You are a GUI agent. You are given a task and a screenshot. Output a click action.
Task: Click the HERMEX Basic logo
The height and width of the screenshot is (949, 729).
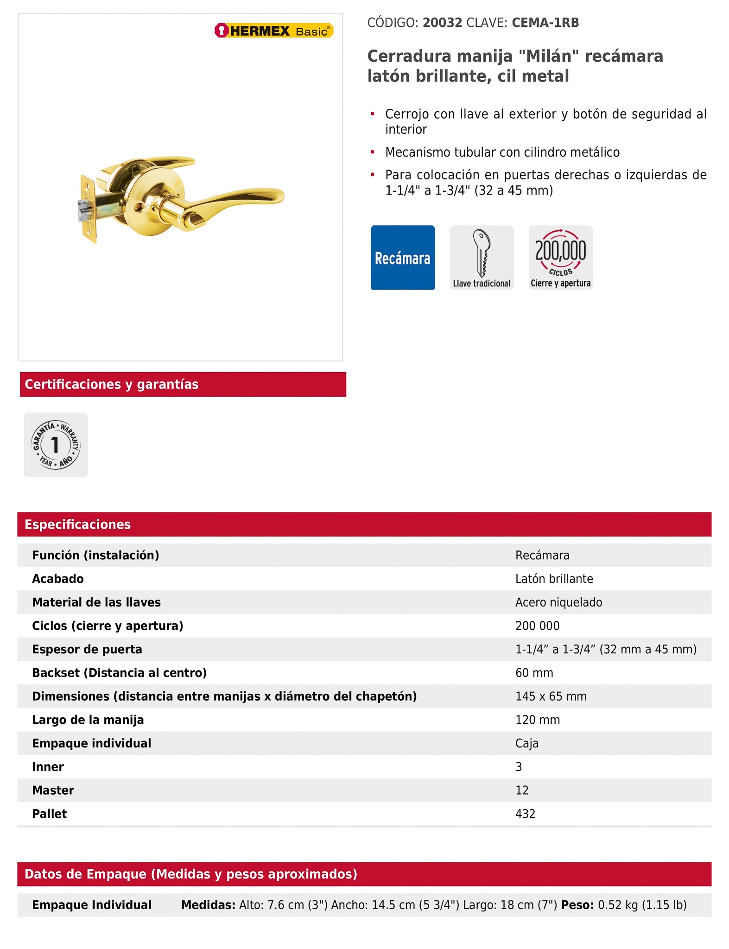click(273, 31)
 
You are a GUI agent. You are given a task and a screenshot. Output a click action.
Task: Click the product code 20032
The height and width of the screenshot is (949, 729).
click(442, 23)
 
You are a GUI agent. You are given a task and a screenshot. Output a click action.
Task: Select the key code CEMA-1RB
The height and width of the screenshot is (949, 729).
click(545, 23)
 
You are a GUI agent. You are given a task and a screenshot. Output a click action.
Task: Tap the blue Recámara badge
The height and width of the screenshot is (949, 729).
click(402, 258)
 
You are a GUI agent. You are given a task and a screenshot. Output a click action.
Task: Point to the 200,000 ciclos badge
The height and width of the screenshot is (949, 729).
click(561, 258)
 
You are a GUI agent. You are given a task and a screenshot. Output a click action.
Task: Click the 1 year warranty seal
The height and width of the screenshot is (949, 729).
click(56, 445)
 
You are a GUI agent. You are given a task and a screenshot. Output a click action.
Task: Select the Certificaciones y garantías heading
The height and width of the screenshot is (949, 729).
click(112, 384)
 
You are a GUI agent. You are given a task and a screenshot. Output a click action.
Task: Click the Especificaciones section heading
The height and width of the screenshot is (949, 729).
click(77, 524)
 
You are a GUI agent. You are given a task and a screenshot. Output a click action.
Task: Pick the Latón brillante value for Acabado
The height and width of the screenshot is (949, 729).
click(554, 579)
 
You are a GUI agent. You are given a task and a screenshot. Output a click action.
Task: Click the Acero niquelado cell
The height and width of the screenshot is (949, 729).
click(558, 602)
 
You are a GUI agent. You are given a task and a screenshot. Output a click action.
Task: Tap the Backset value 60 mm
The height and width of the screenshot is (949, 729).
click(534, 673)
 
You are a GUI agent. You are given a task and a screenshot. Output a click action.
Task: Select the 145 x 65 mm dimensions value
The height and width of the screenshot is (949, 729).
click(551, 696)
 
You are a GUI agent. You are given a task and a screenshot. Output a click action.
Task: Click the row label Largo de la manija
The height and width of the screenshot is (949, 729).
click(88, 720)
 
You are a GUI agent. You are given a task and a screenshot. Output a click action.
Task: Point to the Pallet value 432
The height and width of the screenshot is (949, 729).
click(525, 814)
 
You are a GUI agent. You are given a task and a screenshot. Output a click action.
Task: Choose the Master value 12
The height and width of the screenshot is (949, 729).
click(522, 791)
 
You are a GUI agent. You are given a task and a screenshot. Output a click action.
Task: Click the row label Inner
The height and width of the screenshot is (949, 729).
click(48, 767)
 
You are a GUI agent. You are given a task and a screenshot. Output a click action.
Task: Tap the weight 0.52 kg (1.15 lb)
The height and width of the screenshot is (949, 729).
click(642, 905)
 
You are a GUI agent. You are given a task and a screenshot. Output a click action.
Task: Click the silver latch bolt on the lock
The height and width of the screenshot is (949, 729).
click(82, 211)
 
